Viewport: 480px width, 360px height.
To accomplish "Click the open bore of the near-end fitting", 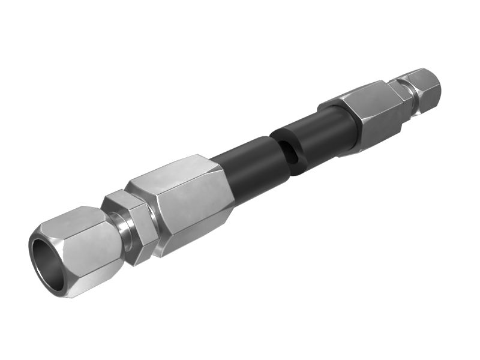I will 48,264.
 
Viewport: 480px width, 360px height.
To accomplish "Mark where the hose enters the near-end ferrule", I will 223,174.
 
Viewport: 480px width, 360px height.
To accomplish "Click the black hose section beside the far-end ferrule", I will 327,132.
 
